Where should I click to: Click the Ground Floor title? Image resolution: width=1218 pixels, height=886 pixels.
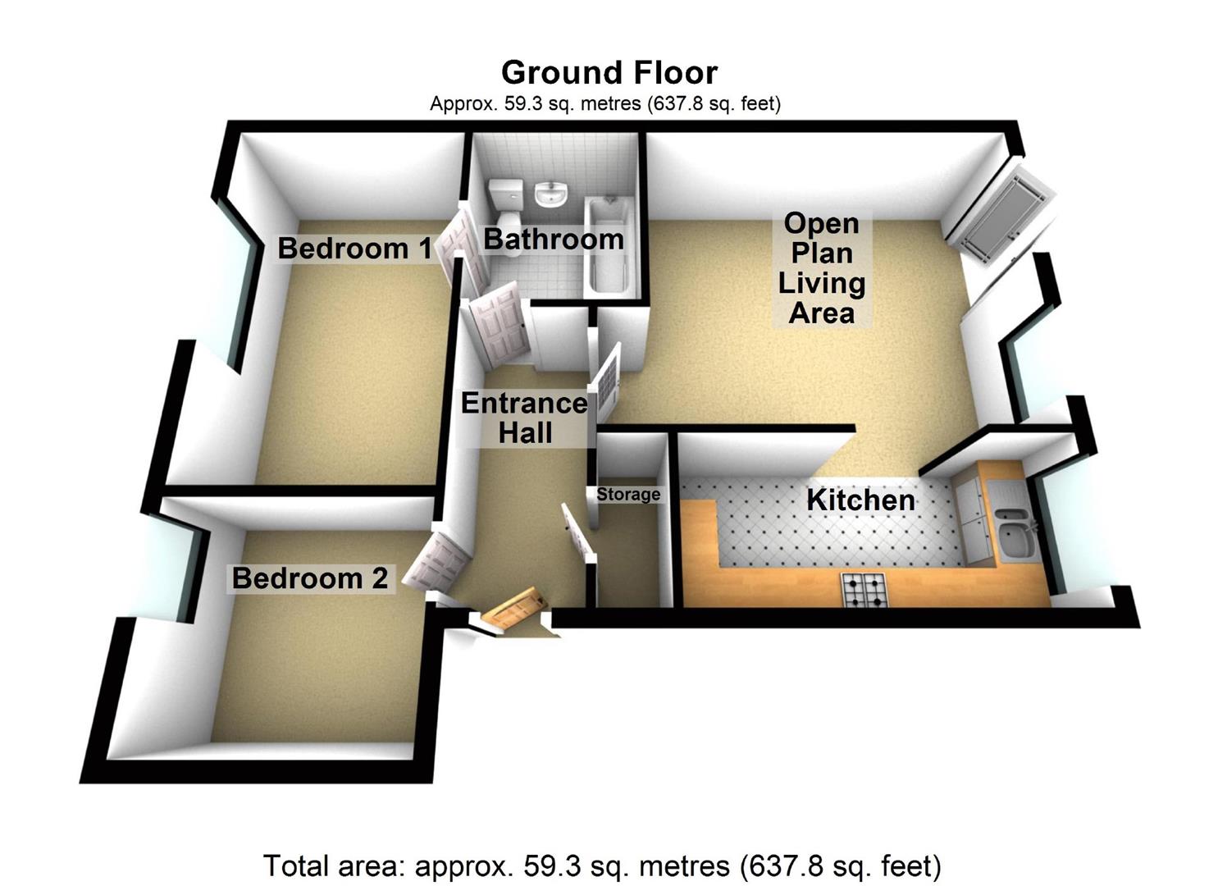pos(609,72)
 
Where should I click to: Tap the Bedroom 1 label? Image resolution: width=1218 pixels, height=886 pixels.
pos(354,248)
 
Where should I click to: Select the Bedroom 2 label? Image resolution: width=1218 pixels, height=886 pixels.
pos(309,578)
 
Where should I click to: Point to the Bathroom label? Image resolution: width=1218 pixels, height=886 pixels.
pos(554,239)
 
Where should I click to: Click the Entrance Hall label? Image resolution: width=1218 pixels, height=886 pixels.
pos(525,418)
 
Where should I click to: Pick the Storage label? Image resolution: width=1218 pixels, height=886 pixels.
pos(628,494)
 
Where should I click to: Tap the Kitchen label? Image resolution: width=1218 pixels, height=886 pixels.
pos(860,500)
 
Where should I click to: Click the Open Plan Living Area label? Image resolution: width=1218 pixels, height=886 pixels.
pos(821,267)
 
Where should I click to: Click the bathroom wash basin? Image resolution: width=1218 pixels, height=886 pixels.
pos(551,195)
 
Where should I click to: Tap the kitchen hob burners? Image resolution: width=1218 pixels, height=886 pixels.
pos(864,590)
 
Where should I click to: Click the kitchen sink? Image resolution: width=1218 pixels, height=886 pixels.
pos(1014,533)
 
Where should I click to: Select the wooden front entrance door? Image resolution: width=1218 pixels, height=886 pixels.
pos(513,610)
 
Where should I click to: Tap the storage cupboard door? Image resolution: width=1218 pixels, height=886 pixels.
pos(577,533)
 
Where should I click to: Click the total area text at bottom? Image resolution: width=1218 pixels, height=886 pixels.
pos(602,865)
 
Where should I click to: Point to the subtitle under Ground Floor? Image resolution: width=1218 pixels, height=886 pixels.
pos(605,103)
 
